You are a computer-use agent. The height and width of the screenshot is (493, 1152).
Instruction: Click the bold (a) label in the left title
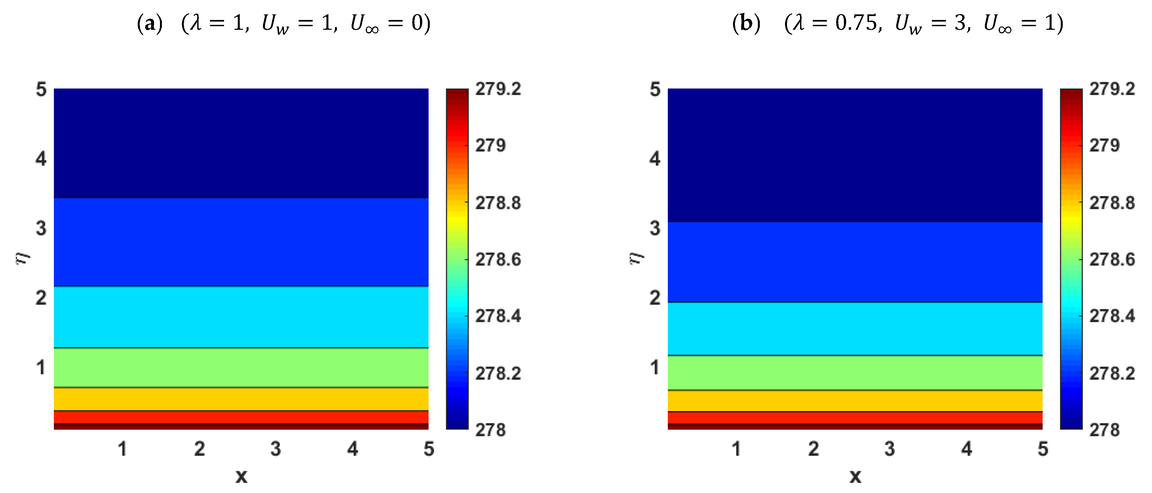(x=149, y=23)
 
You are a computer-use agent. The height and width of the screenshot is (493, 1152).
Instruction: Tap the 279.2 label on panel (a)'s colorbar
(x=498, y=89)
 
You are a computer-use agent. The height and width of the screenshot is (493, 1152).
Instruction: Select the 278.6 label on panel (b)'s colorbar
(x=1112, y=259)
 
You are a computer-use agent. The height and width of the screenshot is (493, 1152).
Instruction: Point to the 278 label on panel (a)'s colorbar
(x=490, y=430)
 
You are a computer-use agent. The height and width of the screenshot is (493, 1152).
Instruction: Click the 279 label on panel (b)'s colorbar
(x=1104, y=145)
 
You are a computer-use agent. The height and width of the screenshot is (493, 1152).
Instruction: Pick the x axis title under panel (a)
(x=241, y=476)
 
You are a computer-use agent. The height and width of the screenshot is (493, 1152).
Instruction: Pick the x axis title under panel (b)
(x=855, y=476)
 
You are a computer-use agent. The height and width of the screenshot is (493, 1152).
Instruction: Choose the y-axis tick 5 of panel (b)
(x=655, y=90)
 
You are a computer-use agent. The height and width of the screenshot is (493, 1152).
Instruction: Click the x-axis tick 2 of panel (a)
(x=200, y=449)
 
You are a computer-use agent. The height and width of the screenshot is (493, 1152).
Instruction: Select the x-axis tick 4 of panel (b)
(x=967, y=449)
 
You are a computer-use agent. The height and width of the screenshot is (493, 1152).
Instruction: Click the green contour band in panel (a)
(x=241, y=367)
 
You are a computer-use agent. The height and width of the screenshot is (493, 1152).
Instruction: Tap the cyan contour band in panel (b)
(x=855, y=329)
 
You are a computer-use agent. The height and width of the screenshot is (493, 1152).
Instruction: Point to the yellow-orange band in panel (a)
(x=241, y=399)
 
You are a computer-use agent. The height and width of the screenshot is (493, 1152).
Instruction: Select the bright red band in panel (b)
(x=855, y=417)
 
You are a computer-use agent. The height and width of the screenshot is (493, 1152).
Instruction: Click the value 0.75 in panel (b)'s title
(x=856, y=23)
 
